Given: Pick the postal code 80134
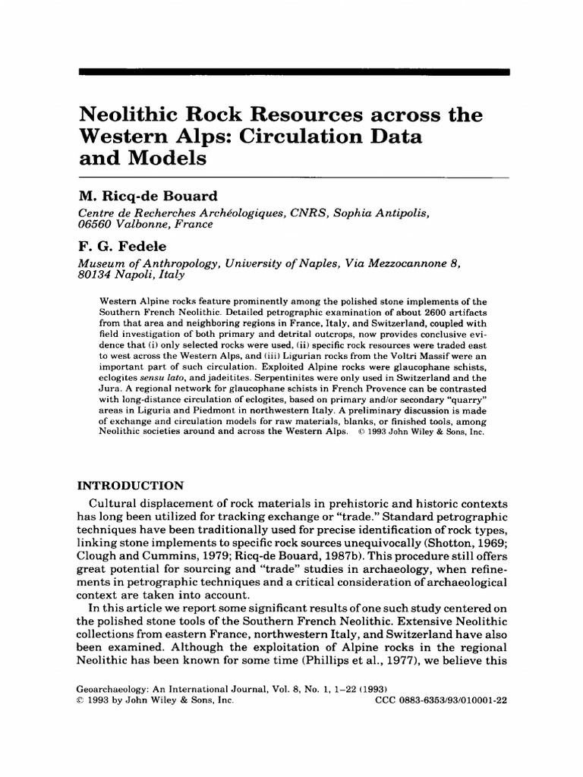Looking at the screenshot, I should pyautogui.click(x=97, y=277).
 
